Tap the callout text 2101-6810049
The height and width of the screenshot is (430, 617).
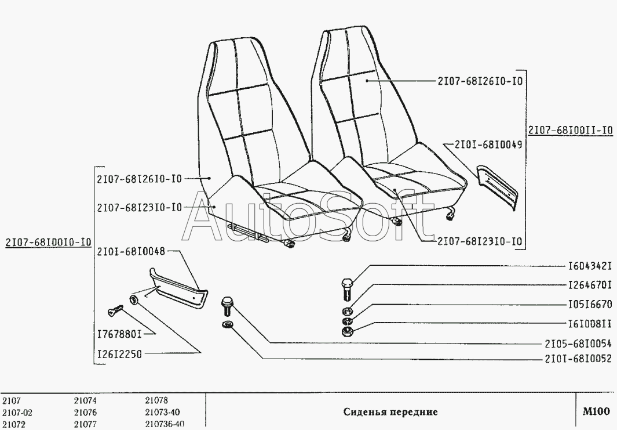(488, 144)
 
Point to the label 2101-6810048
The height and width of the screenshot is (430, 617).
(132, 251)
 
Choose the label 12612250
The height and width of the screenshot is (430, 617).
(119, 353)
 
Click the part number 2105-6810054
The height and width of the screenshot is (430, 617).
(578, 343)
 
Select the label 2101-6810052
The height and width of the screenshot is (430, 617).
(578, 359)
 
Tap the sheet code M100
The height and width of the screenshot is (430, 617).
(596, 412)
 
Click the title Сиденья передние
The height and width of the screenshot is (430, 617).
(390, 412)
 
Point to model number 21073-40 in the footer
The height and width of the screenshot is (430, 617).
(162, 413)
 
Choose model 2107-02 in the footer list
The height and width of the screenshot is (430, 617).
(17, 413)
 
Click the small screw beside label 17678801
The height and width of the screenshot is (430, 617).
(116, 310)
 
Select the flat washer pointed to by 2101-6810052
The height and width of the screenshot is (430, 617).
(228, 324)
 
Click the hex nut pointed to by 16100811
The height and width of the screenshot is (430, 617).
(346, 332)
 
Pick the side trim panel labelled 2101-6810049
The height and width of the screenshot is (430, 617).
(497, 186)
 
